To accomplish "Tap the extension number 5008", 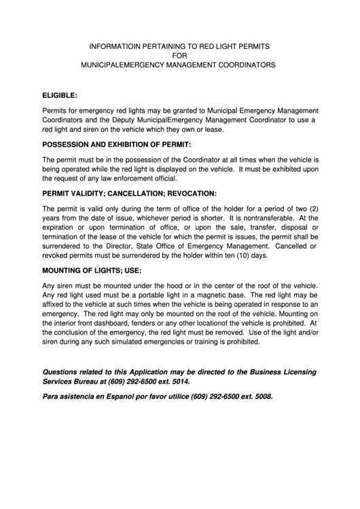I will coord(261,396).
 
